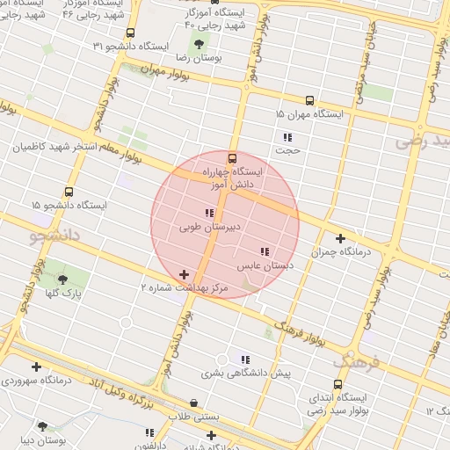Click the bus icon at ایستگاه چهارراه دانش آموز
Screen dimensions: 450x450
point(232,159)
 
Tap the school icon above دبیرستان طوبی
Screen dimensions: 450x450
point(209,214)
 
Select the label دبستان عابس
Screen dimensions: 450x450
point(265,265)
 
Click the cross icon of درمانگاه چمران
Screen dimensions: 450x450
point(340,237)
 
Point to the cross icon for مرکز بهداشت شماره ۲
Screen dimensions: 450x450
point(184,275)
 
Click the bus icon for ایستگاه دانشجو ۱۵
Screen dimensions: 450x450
point(69,192)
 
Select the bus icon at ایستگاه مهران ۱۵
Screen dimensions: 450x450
point(309,101)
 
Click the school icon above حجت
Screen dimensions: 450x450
point(287,137)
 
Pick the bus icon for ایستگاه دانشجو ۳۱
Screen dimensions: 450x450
point(131,33)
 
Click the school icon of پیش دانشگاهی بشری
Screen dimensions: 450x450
point(245,359)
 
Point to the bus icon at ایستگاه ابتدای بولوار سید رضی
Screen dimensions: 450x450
point(339,384)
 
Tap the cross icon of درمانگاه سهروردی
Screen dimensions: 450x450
point(36,367)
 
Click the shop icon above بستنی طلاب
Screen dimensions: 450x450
point(193,403)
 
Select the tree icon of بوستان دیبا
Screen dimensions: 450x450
point(42,426)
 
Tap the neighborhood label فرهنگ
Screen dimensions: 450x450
point(356,360)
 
